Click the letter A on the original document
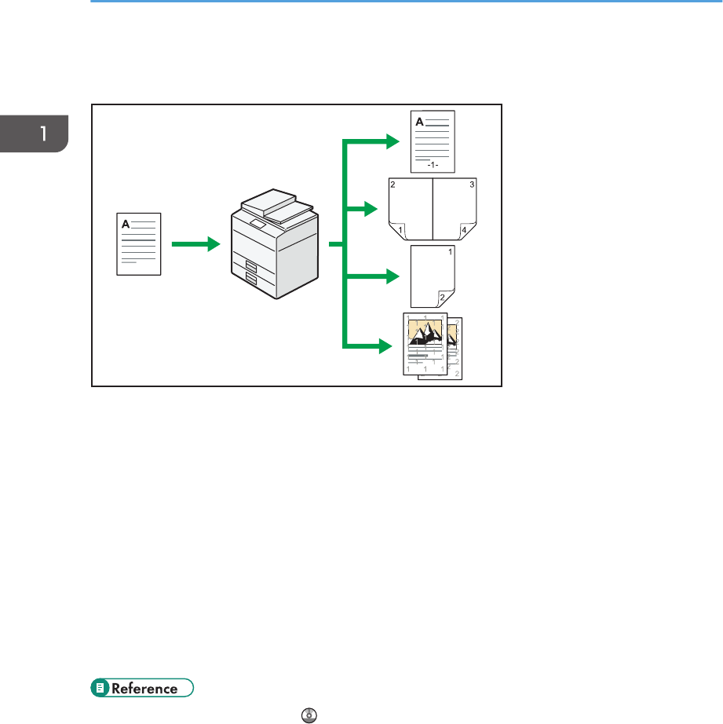(x=125, y=223)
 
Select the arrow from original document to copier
(x=195, y=244)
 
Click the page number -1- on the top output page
(x=433, y=166)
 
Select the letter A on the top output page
(x=418, y=122)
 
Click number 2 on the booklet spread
(x=393, y=185)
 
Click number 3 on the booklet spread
(x=473, y=185)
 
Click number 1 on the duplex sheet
(x=450, y=253)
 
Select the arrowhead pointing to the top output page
(x=393, y=142)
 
